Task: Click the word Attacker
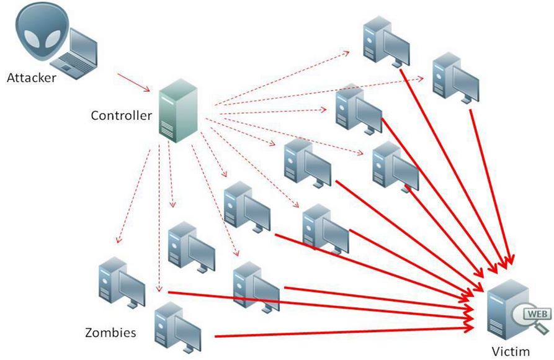(x=31, y=78)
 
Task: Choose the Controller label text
(x=121, y=115)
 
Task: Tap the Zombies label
(x=110, y=333)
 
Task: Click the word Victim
(x=511, y=351)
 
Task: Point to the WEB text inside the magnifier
(x=535, y=313)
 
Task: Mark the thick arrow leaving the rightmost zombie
(x=490, y=186)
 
